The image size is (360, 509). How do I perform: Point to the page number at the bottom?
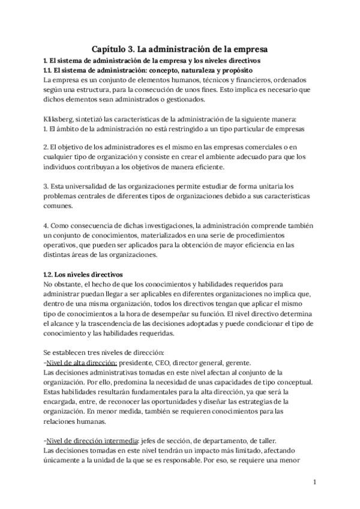(x=314, y=482)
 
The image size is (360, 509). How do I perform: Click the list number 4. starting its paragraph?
(x=47, y=225)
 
